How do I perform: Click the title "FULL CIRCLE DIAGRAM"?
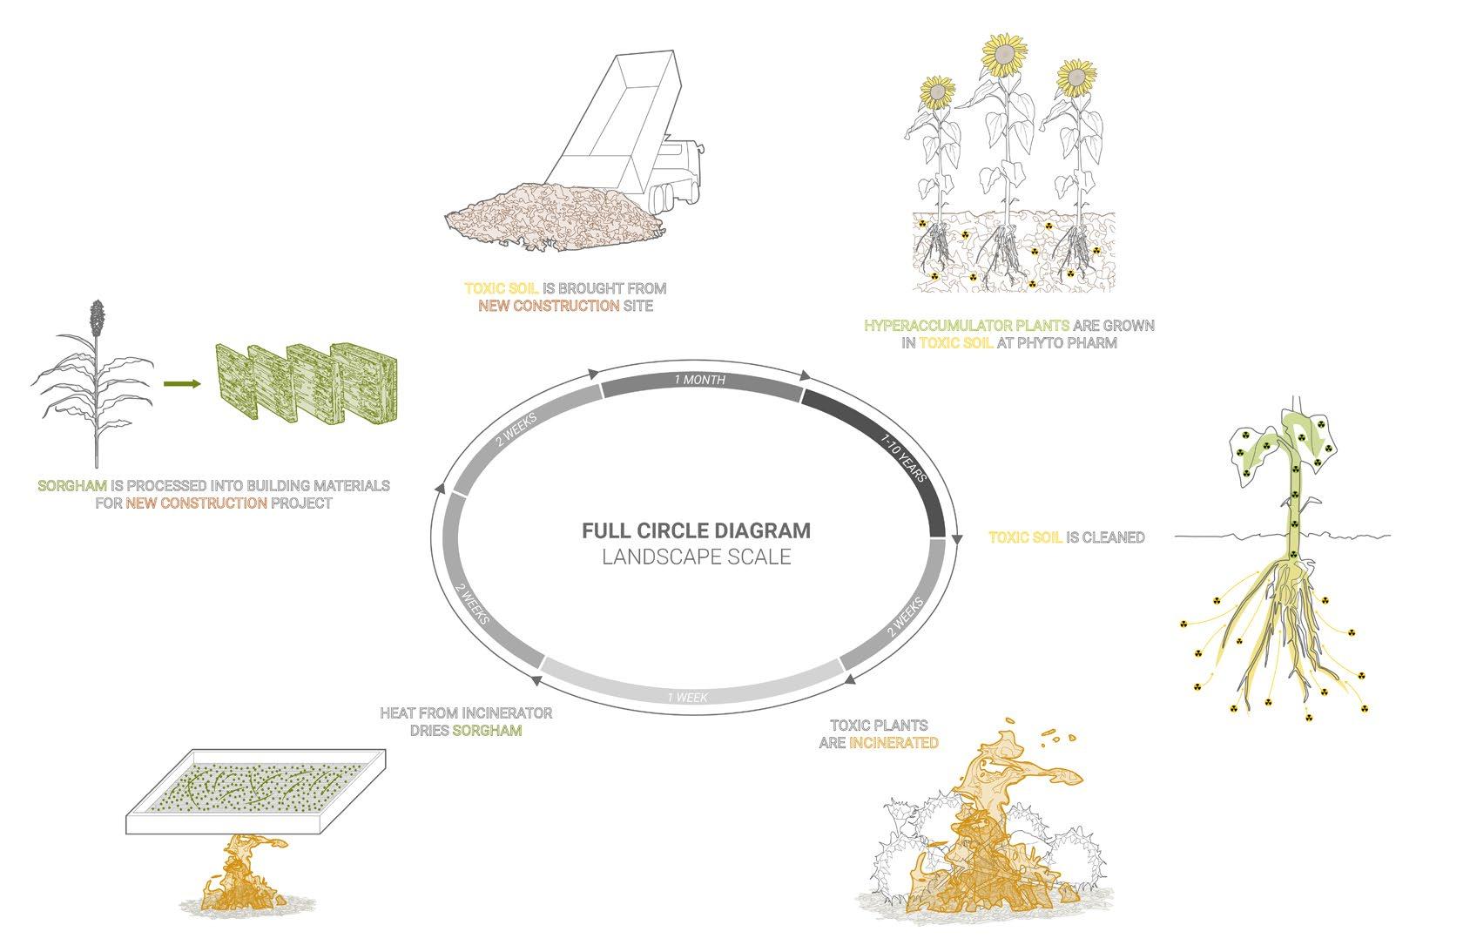click(x=696, y=530)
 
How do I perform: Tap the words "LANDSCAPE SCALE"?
click(x=696, y=557)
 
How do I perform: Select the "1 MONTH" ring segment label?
click(x=699, y=380)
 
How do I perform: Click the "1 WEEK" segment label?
click(x=688, y=697)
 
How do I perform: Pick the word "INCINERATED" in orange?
click(x=893, y=743)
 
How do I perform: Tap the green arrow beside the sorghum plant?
click(x=179, y=383)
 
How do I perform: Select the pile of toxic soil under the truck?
click(x=549, y=213)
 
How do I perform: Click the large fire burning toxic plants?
click(x=984, y=862)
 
